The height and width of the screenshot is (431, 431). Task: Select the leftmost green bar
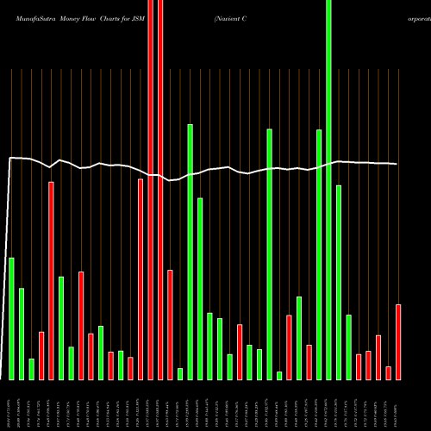click(12, 318)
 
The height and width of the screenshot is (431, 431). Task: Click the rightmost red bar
click(398, 341)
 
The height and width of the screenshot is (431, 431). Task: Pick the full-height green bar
click(328, 190)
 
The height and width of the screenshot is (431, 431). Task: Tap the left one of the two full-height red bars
click(151, 190)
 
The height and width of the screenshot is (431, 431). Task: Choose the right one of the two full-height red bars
click(160, 190)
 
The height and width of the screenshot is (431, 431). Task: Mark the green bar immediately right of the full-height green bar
click(339, 282)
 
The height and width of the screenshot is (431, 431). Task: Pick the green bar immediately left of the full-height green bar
click(319, 254)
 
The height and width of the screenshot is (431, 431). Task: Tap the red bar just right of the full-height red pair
click(171, 324)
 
